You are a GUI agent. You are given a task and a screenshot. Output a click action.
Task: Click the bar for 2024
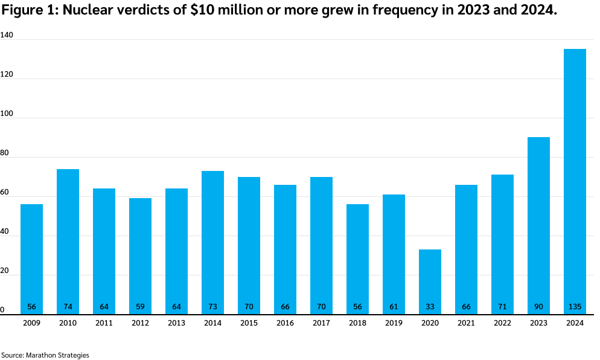click(575, 181)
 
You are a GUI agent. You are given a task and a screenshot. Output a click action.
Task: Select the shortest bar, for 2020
click(430, 281)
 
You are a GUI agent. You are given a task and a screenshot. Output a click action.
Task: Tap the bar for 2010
click(68, 242)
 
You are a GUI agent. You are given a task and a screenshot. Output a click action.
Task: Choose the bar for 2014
click(212, 242)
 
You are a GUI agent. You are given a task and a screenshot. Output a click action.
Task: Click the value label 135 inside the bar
click(575, 307)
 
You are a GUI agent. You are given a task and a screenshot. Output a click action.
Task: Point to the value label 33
click(430, 307)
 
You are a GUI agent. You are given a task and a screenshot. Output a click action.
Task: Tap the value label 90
click(538, 307)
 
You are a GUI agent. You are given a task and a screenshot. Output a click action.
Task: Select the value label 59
click(140, 307)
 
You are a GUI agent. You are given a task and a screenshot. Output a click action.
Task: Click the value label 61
click(394, 307)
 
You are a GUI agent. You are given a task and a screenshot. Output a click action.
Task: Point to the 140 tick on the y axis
click(7, 36)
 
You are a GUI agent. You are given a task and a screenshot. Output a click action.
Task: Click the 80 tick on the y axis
click(5, 153)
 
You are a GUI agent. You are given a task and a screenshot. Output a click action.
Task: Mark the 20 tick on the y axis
click(5, 271)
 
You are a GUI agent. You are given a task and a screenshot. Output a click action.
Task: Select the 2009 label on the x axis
click(31, 323)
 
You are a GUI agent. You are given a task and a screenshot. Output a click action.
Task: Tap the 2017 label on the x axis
click(321, 323)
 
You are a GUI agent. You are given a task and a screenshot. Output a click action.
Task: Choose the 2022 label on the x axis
click(502, 323)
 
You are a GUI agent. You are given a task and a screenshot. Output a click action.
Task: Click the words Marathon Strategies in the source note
click(57, 355)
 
